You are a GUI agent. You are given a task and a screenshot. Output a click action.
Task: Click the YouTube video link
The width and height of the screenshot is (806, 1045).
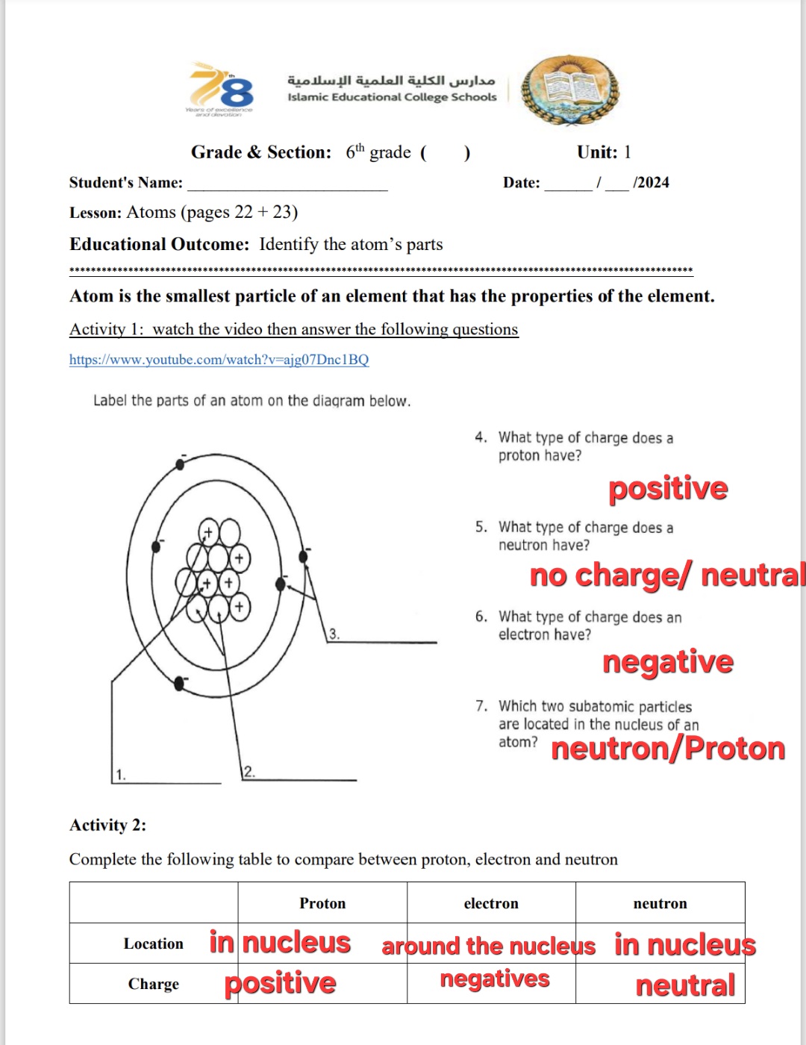click(219, 360)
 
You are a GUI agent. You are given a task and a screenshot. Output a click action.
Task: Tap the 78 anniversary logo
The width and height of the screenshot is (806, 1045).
click(221, 90)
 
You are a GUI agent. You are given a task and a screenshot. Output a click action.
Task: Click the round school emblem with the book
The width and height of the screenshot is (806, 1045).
click(570, 90)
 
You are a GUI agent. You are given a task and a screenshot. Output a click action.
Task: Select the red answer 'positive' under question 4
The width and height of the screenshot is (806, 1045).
click(668, 489)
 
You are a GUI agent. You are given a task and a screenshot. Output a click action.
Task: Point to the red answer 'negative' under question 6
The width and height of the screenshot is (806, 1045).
click(668, 662)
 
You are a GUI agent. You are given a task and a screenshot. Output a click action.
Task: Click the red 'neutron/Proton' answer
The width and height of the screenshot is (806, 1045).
click(668, 749)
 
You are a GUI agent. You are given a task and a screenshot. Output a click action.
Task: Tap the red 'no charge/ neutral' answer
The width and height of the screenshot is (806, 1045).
click(667, 575)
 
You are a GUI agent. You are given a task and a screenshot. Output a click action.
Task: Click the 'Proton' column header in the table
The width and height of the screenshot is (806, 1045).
click(322, 903)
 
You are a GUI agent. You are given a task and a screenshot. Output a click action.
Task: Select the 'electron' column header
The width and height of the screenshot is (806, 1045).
click(491, 903)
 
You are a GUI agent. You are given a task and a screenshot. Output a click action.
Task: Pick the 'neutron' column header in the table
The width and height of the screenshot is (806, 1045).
click(660, 903)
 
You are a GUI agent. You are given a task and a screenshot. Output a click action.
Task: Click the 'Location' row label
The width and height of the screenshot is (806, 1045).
click(153, 943)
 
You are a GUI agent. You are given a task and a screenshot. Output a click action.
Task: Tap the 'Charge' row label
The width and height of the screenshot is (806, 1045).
click(153, 984)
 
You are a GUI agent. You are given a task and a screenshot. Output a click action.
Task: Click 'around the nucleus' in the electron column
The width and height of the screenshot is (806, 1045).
click(489, 946)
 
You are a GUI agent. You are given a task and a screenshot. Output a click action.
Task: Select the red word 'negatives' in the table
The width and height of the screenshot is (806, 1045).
click(495, 979)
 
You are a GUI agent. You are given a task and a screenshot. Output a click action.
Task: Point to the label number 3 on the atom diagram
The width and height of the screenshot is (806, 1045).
click(334, 634)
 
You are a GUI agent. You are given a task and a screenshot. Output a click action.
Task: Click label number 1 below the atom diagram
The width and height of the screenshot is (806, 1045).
click(121, 775)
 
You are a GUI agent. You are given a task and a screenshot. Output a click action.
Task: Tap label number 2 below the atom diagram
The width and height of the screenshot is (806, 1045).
click(249, 772)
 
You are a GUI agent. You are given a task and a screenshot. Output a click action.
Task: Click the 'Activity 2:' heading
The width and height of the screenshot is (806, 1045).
click(107, 825)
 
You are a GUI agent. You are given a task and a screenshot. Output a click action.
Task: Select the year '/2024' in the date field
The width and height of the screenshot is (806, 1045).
click(651, 183)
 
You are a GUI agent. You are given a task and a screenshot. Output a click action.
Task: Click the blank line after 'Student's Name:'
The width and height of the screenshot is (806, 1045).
click(287, 185)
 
